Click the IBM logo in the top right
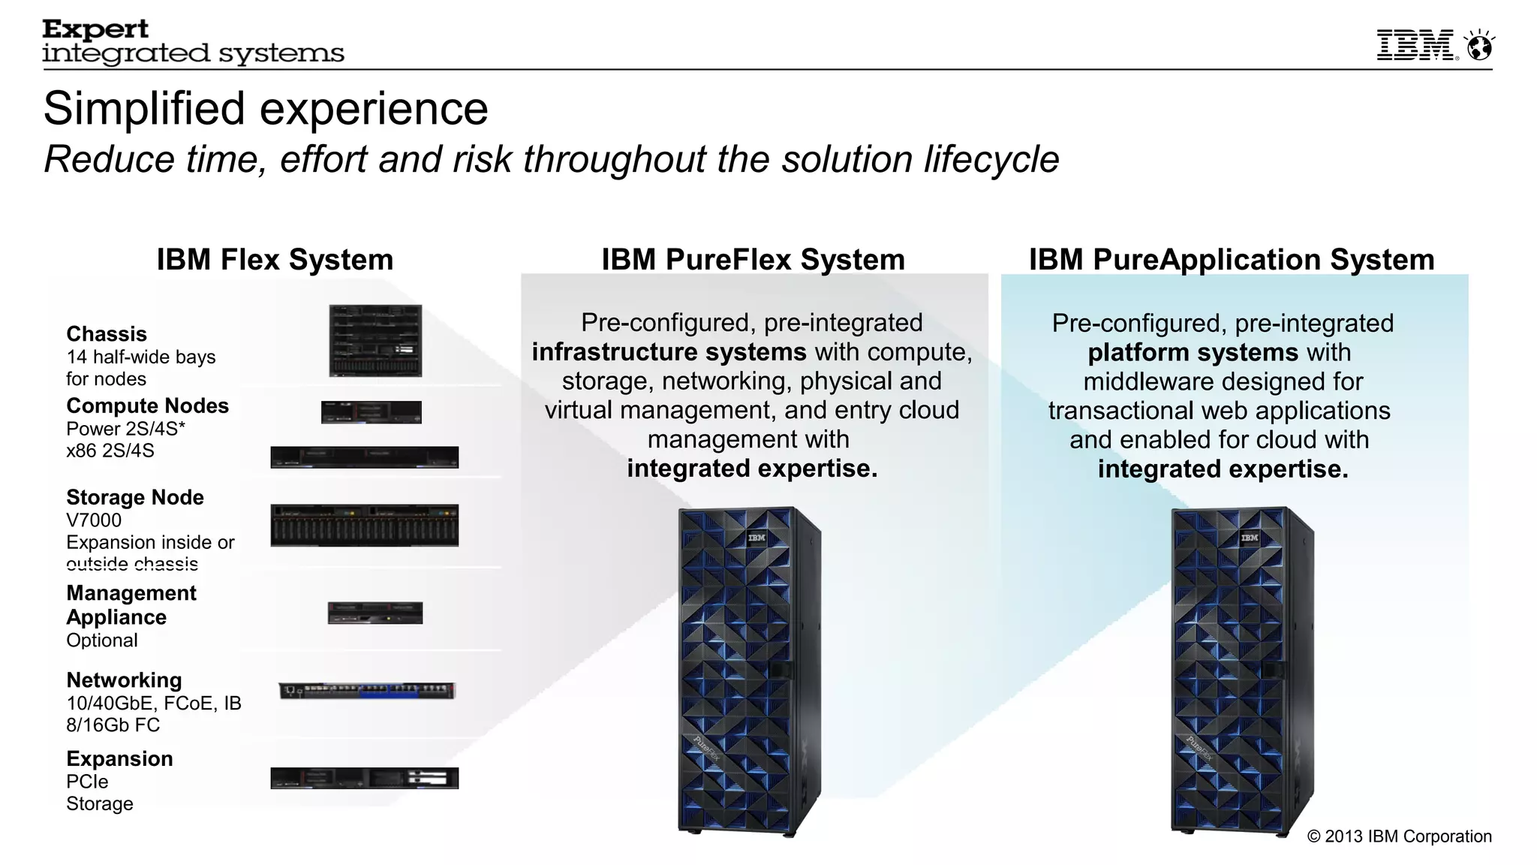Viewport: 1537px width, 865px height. point(1416,46)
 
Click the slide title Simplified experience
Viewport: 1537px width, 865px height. point(266,108)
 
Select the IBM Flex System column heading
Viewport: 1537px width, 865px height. point(275,260)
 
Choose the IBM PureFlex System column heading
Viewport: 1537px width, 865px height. point(753,260)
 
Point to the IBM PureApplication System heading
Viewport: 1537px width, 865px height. point(1231,260)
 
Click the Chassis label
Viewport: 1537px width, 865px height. point(107,334)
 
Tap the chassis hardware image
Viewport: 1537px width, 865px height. point(375,340)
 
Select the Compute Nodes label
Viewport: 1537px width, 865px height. point(147,406)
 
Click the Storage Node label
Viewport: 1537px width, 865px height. point(135,498)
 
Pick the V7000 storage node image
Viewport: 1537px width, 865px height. point(364,525)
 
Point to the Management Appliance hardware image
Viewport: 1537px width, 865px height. point(374,613)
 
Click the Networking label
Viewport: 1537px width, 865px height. point(124,680)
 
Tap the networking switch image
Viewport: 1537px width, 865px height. point(367,691)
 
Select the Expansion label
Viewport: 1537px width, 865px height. point(119,759)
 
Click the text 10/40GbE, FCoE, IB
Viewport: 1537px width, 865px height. point(154,704)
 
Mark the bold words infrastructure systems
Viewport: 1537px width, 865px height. point(669,352)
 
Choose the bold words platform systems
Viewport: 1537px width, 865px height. point(1193,353)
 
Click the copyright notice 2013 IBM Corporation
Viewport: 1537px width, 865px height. point(1399,836)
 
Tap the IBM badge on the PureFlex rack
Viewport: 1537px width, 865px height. point(756,538)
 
